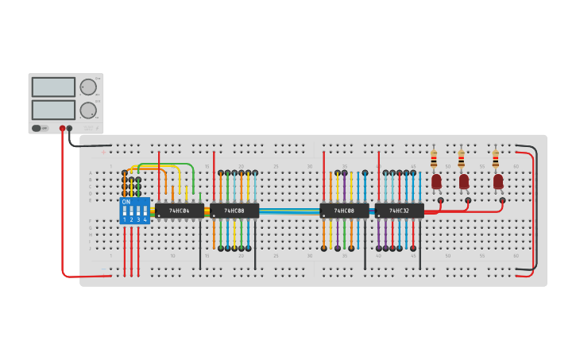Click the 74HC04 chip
click(x=179, y=211)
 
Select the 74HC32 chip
click(x=399, y=211)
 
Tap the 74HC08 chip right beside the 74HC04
click(x=234, y=211)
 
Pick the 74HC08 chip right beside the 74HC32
click(x=344, y=211)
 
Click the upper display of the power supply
click(x=53, y=87)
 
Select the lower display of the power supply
click(x=53, y=110)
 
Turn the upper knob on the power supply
click(x=88, y=87)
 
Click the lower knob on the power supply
click(x=88, y=110)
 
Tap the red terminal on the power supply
click(x=62, y=128)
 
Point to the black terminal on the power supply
click(x=70, y=128)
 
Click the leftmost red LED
click(x=436, y=181)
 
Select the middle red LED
click(x=464, y=181)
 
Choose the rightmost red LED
click(x=498, y=181)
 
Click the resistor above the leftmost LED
click(x=434, y=159)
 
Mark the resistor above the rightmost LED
click(x=496, y=159)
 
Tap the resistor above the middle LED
click(x=462, y=159)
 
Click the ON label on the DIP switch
click(x=126, y=202)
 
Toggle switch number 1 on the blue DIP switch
click(x=125, y=211)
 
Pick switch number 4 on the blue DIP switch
click(x=145, y=211)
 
